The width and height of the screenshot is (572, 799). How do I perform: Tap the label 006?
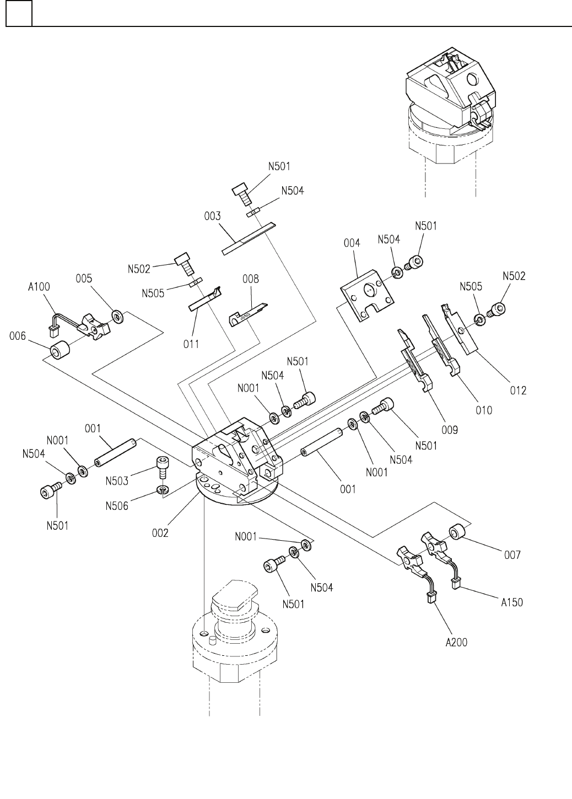(18, 336)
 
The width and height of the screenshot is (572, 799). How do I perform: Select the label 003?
(211, 216)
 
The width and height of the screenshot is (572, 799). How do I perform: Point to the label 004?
(351, 242)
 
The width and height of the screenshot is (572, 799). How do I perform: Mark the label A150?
(512, 602)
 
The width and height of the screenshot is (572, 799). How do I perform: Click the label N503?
(117, 481)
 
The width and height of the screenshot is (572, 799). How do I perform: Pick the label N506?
(117, 506)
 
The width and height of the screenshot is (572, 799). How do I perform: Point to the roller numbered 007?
(458, 533)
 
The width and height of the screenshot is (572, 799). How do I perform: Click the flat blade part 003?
(248, 239)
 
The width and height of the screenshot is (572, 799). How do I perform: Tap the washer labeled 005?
(117, 316)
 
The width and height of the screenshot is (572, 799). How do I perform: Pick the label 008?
(251, 279)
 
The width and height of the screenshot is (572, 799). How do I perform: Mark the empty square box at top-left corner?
(19, 13)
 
